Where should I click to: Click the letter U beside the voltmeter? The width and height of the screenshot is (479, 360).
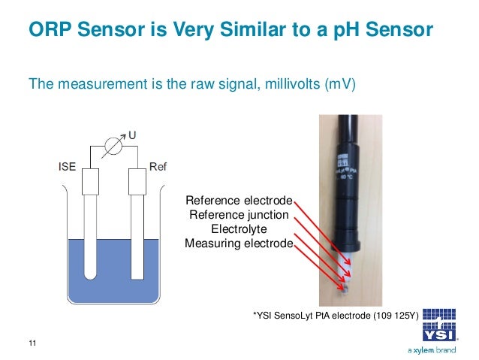[x=131, y=136]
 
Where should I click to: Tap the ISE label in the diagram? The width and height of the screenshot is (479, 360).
[x=68, y=167]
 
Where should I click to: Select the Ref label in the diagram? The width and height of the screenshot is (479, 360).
[x=158, y=167]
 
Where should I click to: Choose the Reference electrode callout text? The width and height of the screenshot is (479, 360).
[x=239, y=201]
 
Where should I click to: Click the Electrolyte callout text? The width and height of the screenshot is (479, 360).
[x=238, y=228]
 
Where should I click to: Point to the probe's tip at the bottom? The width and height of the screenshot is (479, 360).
[x=345, y=286]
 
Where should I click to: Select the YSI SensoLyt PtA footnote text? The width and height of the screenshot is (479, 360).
[x=336, y=316]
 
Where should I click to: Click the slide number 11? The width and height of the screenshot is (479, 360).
[x=32, y=343]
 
